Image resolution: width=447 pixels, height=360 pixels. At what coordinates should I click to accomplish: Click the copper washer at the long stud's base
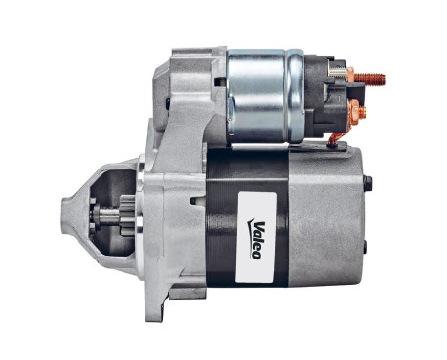click(x=351, y=77)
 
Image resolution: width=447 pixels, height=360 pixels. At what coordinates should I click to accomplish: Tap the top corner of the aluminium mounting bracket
click(x=177, y=53)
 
